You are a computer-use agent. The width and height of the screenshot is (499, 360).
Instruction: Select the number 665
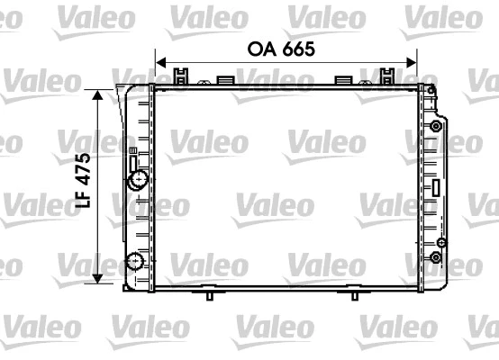[x=298, y=49]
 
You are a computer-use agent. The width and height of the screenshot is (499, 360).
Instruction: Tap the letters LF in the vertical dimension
[x=83, y=200]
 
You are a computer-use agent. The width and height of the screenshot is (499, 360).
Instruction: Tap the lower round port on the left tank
[x=135, y=263]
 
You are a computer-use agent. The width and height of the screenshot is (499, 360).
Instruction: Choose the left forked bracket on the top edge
[x=182, y=76]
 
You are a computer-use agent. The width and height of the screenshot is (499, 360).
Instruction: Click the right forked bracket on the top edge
[x=388, y=76]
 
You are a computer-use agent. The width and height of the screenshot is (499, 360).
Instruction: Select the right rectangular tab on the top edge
[x=342, y=79]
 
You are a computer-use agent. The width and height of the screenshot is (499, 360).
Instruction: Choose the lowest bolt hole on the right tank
[x=436, y=259]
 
